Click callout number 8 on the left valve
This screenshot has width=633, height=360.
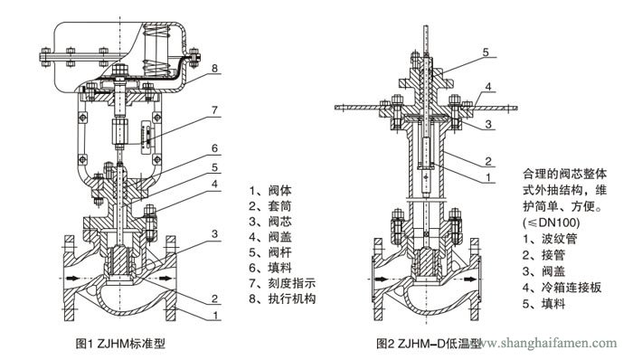point(214,69)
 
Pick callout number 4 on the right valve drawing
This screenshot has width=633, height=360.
point(488,88)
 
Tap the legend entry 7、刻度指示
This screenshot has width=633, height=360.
point(281,283)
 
